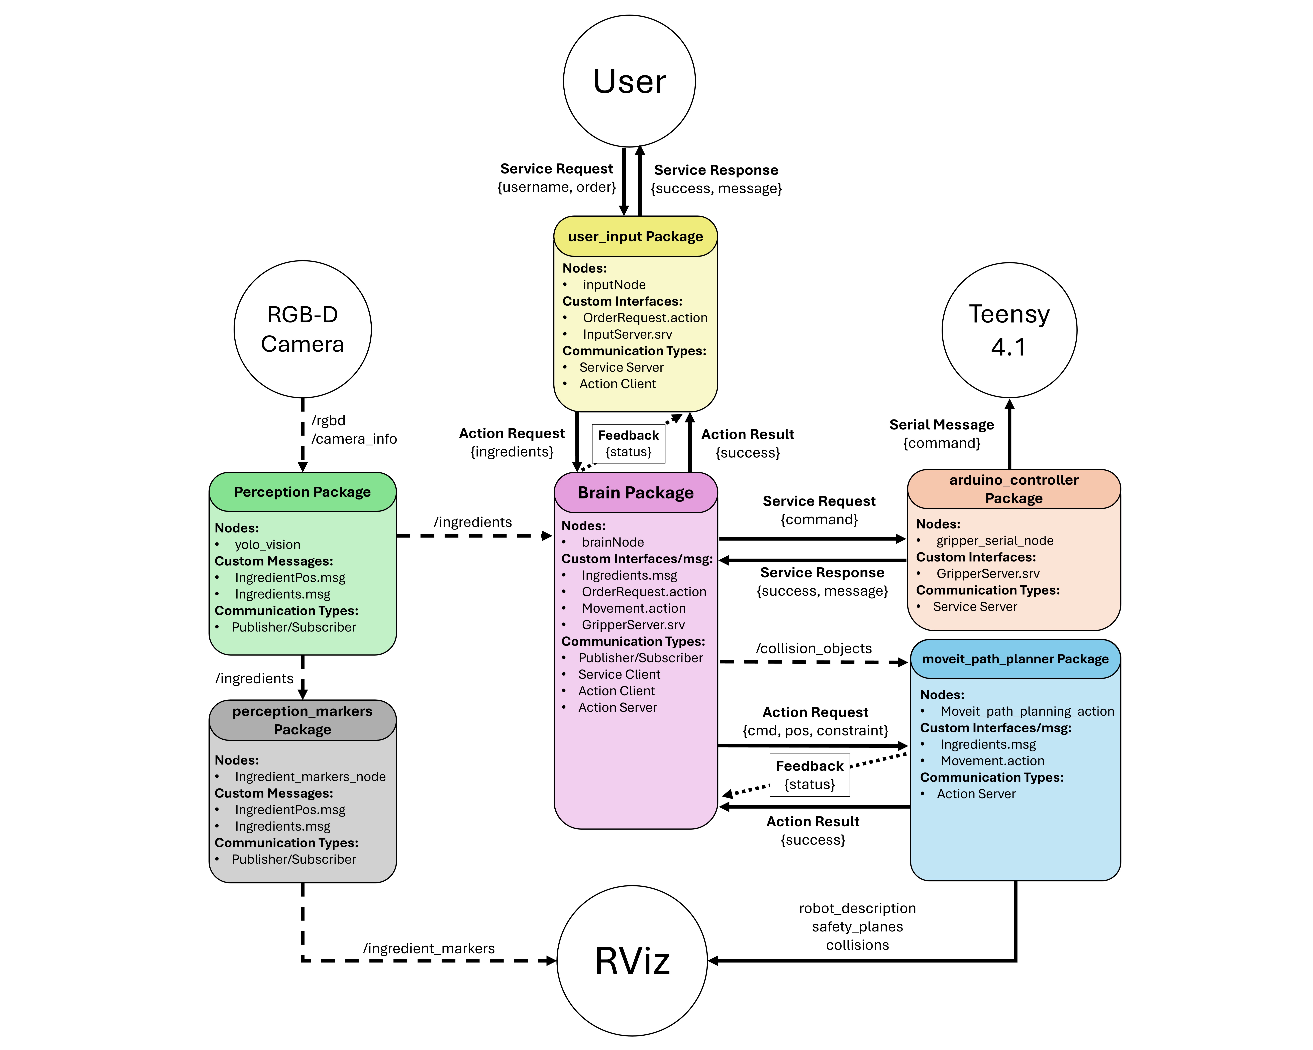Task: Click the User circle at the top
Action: pyautogui.click(x=629, y=81)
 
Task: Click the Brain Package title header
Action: pyautogui.click(x=635, y=492)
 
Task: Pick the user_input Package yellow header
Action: pyautogui.click(x=635, y=236)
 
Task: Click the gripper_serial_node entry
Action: pyautogui.click(x=994, y=541)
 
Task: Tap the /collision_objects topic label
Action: pyautogui.click(x=814, y=648)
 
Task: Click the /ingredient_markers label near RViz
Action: pyautogui.click(x=429, y=948)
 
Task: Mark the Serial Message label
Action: pyautogui.click(x=942, y=425)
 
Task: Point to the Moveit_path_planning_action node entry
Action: pyautogui.click(x=1027, y=711)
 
